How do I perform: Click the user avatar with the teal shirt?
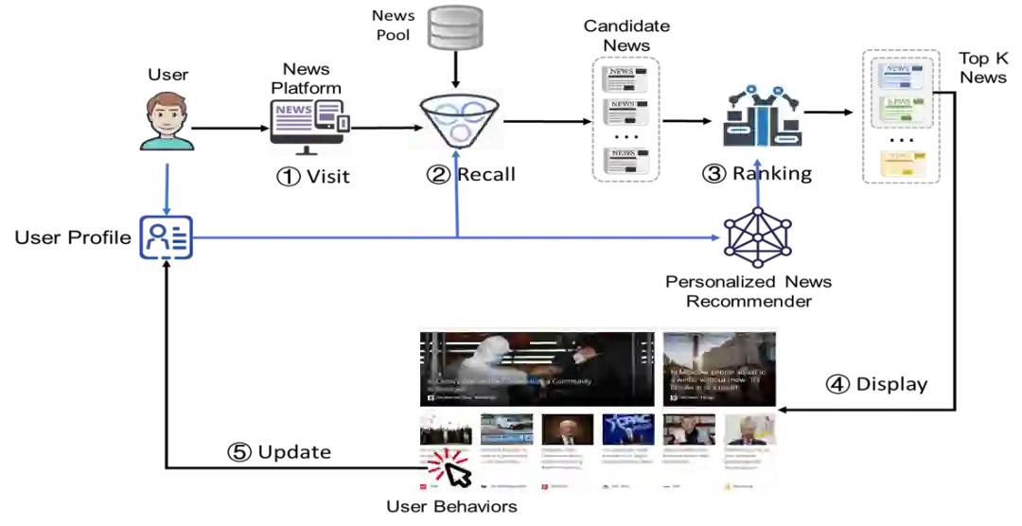[167, 120]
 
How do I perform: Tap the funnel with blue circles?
[454, 117]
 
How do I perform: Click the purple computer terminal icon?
[309, 128]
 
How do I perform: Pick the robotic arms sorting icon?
[765, 116]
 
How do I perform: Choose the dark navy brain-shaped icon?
[756, 238]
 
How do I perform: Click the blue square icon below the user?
[167, 237]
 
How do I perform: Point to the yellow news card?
[904, 162]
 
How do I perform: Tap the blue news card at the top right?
[905, 74]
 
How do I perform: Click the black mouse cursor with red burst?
[451, 468]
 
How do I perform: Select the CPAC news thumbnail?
[627, 430]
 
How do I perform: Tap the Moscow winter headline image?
[720, 369]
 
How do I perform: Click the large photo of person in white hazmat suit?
[537, 369]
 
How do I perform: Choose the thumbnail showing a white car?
[506, 430]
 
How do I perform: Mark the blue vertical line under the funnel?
[457, 194]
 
